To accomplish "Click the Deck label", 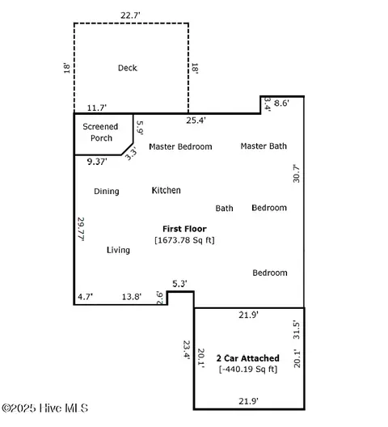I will click(x=128, y=68).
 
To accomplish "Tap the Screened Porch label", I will click(x=101, y=133).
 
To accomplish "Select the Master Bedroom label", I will click(x=180, y=146).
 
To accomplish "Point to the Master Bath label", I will click(x=264, y=146).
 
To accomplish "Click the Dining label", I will click(x=107, y=192).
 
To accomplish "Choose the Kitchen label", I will click(x=167, y=191).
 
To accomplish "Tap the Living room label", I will click(x=118, y=251).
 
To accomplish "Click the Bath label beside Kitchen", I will click(x=224, y=209).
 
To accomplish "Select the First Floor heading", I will click(x=184, y=230).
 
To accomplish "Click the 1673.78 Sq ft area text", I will click(x=184, y=240).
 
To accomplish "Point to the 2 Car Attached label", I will click(x=247, y=358).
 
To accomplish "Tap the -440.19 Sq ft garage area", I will click(x=247, y=370).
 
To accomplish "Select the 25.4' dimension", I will click(x=196, y=120).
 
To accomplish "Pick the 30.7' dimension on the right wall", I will click(x=296, y=174).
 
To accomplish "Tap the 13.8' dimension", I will click(x=131, y=297).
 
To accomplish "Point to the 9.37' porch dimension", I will click(x=98, y=162).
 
